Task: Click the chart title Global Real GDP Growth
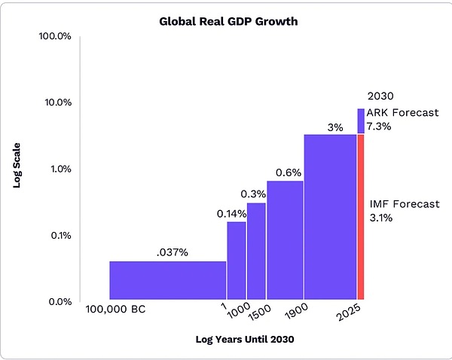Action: tap(228, 21)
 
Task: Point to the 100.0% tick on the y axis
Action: tap(54, 36)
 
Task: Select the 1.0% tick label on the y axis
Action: tap(59, 169)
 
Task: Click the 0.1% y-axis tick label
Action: tap(59, 235)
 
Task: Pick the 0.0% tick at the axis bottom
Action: tap(59, 301)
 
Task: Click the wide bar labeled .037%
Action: tap(167, 280)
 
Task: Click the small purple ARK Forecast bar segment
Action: tap(360, 121)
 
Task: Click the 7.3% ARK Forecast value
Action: tap(379, 127)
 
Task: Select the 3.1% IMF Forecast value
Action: tap(381, 218)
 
